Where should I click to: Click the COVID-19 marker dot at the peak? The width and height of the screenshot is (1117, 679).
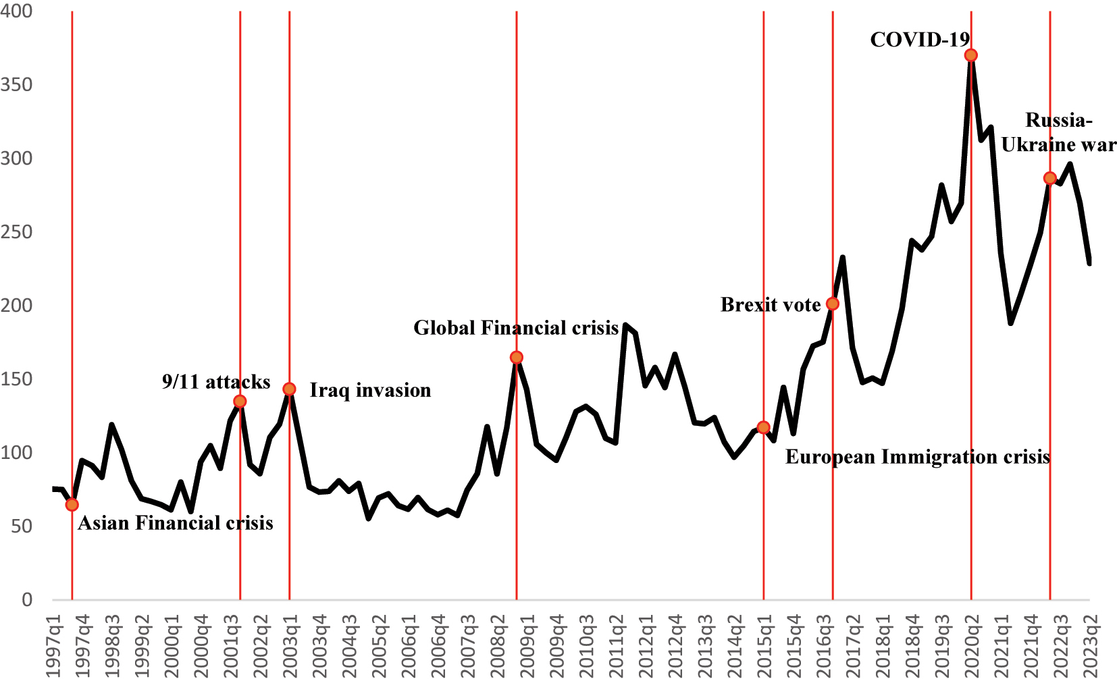tap(971, 55)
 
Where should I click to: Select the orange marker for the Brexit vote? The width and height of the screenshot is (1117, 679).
tap(833, 304)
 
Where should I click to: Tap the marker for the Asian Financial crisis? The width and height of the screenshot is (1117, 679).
tap(72, 504)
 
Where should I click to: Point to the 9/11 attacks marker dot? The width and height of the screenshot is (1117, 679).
tap(240, 402)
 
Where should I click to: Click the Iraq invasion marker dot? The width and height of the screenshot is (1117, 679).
tap(289, 389)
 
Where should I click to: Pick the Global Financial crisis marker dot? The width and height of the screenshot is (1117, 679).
tap(517, 357)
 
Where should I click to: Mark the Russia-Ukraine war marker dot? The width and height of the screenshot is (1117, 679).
tap(1049, 178)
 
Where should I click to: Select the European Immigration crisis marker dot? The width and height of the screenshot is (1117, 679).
tap(764, 427)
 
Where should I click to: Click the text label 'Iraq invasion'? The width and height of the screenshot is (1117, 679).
tap(370, 390)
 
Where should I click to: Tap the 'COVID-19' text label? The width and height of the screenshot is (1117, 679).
tap(920, 40)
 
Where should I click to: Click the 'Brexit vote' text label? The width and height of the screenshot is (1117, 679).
tap(771, 305)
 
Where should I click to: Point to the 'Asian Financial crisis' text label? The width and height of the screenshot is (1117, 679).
tap(176, 523)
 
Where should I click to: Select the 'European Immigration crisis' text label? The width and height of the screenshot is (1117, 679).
tap(917, 457)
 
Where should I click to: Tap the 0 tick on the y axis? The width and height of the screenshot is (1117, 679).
tap(26, 599)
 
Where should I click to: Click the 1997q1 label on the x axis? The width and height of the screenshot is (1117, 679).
tap(53, 645)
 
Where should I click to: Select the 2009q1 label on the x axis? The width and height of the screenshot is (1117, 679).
tap(527, 645)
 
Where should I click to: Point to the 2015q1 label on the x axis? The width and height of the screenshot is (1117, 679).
tap(764, 645)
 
